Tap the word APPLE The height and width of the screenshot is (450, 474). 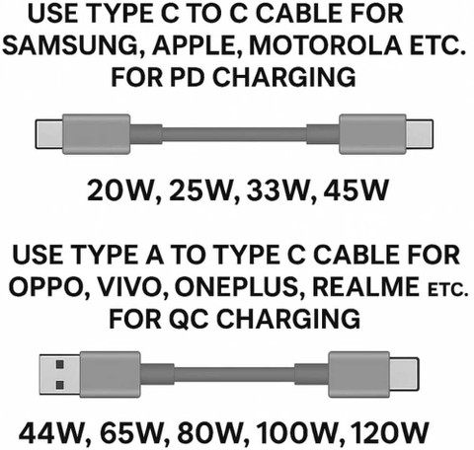(x=197, y=45)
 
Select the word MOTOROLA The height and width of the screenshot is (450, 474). (x=326, y=45)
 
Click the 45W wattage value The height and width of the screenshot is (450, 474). (x=355, y=190)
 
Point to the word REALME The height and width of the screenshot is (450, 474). (x=365, y=287)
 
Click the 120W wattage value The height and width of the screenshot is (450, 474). (x=389, y=432)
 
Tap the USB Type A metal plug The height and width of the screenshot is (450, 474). (x=60, y=374)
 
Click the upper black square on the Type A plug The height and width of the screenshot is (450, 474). (x=60, y=364)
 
